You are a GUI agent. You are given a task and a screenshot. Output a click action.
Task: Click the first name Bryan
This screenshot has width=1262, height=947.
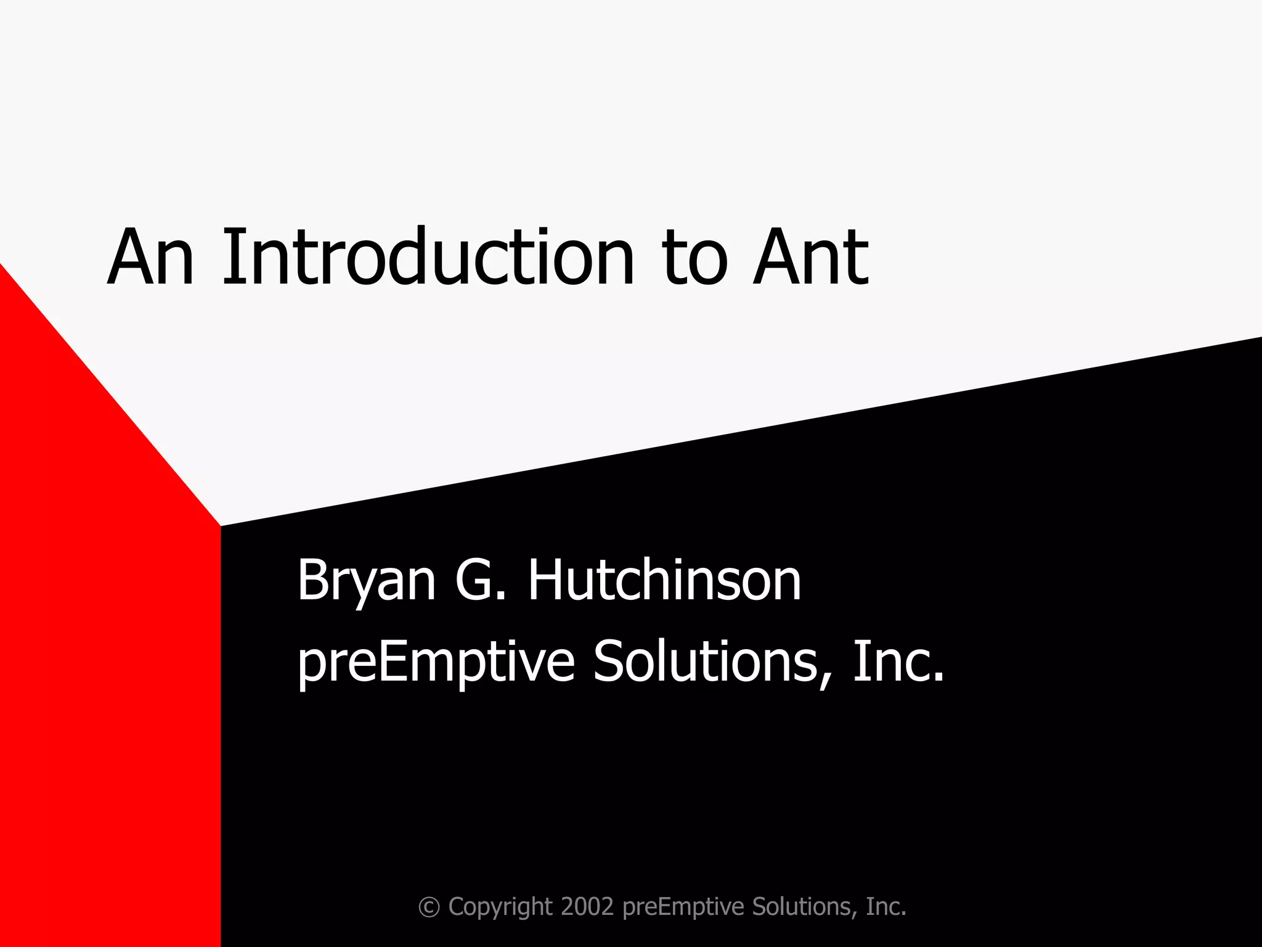[367, 583]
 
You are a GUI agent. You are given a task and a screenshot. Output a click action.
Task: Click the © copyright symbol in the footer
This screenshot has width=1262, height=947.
[429, 908]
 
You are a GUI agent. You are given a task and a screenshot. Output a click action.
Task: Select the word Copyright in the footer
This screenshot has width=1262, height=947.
[500, 908]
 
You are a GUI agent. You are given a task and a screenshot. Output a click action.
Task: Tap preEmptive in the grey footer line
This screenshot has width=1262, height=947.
[684, 908]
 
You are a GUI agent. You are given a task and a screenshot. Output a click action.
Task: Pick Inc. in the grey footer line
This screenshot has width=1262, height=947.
[886, 906]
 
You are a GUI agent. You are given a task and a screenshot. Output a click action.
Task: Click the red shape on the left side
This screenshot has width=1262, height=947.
[105, 617]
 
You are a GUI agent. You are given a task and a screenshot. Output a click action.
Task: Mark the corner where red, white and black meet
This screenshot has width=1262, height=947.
[221, 526]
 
